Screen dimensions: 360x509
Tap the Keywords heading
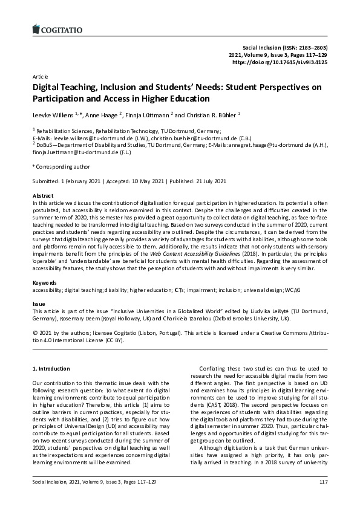[45, 282]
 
